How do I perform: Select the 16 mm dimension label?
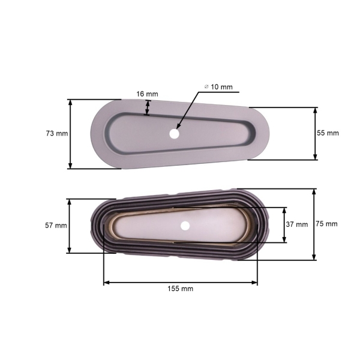tap(147, 94)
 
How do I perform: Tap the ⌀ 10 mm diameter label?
tap(218, 87)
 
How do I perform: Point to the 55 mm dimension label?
tap(328, 133)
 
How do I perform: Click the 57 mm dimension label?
tap(56, 226)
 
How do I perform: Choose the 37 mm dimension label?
tap(296, 224)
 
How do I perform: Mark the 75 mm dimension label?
tap(326, 224)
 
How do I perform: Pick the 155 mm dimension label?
tap(181, 289)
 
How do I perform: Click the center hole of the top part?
tap(174, 134)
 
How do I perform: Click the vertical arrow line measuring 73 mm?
tap(71, 134)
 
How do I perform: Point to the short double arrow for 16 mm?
tap(148, 107)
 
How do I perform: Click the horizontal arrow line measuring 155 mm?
tap(180, 281)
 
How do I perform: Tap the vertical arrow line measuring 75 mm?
tap(314, 224)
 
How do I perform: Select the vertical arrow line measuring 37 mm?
tap(284, 224)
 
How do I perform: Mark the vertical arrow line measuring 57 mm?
tap(70, 226)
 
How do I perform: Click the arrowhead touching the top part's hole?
tap(178, 127)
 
